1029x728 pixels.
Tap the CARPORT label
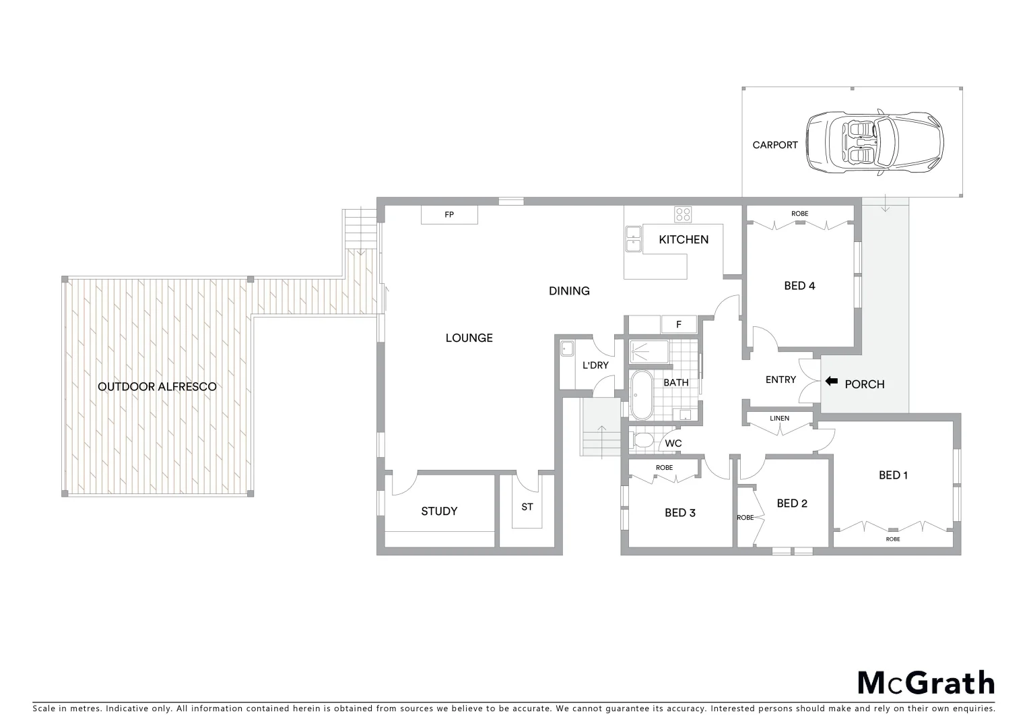tap(775, 145)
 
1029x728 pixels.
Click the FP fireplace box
tap(449, 215)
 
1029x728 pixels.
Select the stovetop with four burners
tap(683, 214)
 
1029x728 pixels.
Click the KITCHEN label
tap(684, 239)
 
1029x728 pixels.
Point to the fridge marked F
tap(679, 325)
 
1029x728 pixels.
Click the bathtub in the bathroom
tap(642, 395)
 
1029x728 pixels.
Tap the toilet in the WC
tap(642, 442)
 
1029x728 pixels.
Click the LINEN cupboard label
tap(779, 419)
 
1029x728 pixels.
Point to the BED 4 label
tap(799, 286)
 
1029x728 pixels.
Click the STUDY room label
tap(439, 511)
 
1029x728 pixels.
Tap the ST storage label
tap(527, 507)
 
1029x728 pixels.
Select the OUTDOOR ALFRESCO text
tap(157, 387)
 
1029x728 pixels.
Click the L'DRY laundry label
tap(595, 365)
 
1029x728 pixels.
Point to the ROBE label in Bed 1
tap(892, 539)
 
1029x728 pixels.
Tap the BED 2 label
tap(791, 504)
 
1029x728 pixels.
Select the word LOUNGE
tap(469, 338)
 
